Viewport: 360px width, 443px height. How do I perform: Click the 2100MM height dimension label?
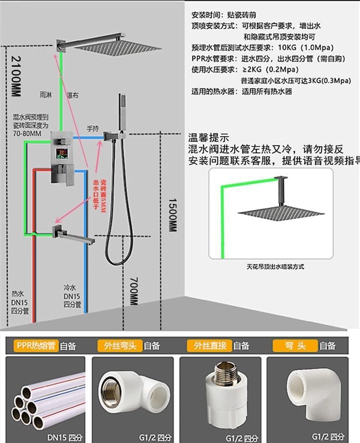(x=15, y=76)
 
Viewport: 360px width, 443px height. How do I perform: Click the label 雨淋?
(x=47, y=95)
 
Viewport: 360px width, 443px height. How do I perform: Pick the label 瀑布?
(x=72, y=95)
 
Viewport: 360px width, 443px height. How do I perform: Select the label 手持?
(x=92, y=128)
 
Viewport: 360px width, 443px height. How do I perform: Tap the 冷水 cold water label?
(x=70, y=287)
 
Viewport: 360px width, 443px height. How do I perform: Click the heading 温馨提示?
(x=210, y=137)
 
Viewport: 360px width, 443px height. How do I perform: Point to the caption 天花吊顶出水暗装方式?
(x=275, y=266)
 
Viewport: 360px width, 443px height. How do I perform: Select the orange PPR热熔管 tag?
(x=36, y=345)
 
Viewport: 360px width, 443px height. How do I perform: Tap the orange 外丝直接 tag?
(x=209, y=345)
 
